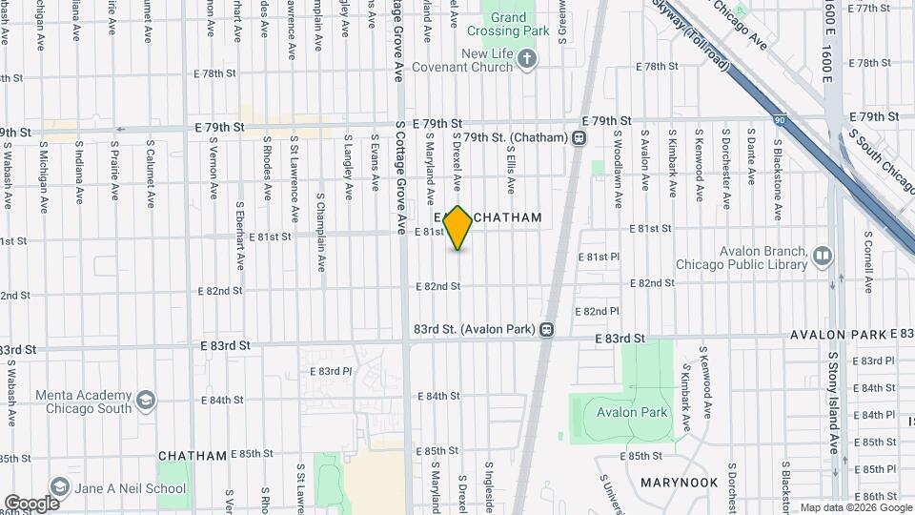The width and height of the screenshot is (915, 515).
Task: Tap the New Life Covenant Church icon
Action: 528,61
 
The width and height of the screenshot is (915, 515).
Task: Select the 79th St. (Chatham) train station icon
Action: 579,138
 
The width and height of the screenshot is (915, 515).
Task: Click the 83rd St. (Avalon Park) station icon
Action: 546,329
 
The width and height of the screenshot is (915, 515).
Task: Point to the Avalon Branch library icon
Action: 822,256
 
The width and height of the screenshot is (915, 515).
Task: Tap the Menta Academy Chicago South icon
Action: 146,399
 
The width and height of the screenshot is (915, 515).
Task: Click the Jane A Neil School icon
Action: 58,488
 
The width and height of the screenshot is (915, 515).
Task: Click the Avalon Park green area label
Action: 632,413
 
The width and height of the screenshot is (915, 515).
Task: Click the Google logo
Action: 31,504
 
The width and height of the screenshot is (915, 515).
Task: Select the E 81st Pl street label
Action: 599,257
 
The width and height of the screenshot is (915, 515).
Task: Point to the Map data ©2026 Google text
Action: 855,507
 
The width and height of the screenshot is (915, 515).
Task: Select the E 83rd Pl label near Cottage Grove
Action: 335,371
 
